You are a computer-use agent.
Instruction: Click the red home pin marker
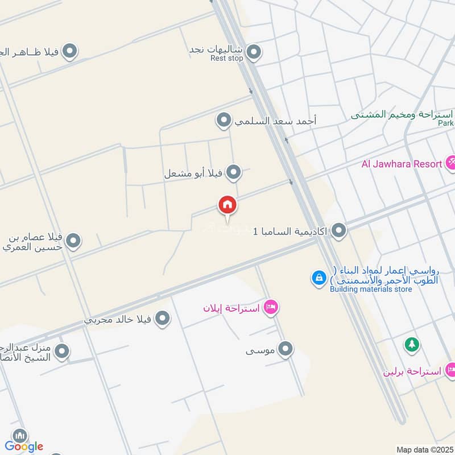(227, 205)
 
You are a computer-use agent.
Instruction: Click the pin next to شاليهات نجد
(254, 52)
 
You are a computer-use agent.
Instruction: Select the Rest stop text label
(226, 59)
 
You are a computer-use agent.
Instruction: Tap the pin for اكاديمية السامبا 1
(339, 231)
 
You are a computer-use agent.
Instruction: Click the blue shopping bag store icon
(318, 278)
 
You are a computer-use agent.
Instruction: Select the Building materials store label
(371, 289)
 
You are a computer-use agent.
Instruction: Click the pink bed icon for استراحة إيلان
(271, 308)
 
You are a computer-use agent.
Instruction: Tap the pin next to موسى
(286, 349)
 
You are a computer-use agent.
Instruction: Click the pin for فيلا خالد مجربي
(163, 319)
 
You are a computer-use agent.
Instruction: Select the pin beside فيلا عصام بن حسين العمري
(73, 242)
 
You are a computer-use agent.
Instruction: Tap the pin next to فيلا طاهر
(69, 52)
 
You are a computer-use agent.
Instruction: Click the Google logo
(24, 446)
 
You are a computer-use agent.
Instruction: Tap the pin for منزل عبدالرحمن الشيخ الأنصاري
(61, 352)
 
